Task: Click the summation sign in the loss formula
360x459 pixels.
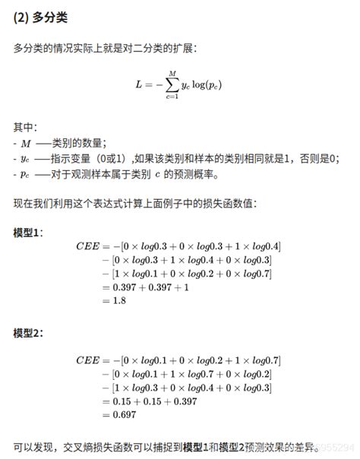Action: (x=172, y=84)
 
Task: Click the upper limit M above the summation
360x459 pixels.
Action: (x=172, y=73)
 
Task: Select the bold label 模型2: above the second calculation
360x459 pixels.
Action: (x=29, y=334)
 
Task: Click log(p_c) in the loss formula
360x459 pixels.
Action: (x=210, y=85)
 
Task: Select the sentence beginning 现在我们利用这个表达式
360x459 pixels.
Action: (x=135, y=204)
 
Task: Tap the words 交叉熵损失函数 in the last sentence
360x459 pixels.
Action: (x=88, y=446)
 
